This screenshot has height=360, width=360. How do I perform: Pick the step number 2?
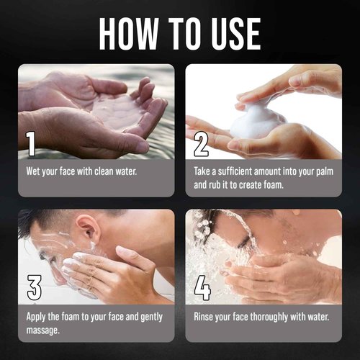(202, 144)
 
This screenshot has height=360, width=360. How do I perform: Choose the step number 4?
(202, 288)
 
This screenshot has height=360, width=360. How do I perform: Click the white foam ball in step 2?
(257, 120)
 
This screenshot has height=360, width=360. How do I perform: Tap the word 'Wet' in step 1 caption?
(34, 173)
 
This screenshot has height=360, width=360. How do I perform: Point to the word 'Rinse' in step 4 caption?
(207, 317)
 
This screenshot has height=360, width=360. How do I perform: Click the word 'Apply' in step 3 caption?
(37, 317)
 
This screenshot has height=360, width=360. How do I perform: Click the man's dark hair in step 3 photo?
(50, 220)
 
